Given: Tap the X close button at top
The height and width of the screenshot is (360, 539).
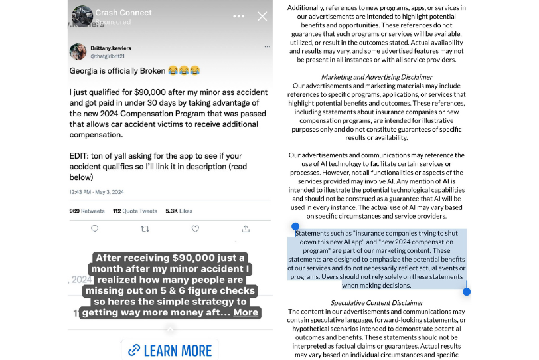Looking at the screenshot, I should (262, 16).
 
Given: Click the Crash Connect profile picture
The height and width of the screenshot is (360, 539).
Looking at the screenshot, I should (82, 16).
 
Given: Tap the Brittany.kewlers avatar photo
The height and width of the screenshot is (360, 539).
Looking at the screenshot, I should (78, 52).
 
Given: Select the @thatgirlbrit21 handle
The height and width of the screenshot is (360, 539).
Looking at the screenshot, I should (108, 56).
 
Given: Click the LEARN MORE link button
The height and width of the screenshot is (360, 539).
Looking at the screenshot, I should (170, 350).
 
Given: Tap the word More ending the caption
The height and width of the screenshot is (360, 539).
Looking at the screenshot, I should (246, 312).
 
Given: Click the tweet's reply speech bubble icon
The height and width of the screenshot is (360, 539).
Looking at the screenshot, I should (94, 228).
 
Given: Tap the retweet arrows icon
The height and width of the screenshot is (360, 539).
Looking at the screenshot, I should (145, 228).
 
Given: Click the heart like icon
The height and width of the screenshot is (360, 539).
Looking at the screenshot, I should (195, 228).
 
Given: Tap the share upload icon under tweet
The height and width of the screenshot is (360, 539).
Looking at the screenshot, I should (246, 228).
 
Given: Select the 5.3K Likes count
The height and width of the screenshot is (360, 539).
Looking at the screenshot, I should (179, 211).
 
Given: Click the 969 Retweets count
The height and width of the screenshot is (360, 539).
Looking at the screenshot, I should (87, 211).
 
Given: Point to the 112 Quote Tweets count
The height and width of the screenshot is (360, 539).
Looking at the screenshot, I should (135, 211).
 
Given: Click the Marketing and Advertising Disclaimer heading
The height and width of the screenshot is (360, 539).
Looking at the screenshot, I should (376, 77).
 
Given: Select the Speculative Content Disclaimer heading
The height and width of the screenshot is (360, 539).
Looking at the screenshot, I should (376, 303).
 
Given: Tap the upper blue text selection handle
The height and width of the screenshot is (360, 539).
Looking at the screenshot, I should (295, 226).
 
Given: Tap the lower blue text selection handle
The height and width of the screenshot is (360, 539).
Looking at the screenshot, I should (467, 291).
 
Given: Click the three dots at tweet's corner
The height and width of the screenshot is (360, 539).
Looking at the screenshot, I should (267, 47).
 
